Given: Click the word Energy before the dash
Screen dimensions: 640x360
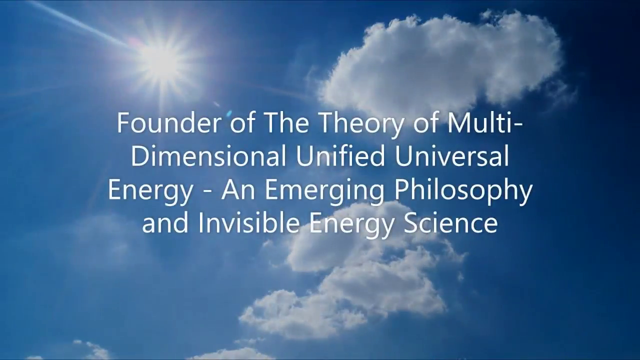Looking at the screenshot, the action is pos(150,191).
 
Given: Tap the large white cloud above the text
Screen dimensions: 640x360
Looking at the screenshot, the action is pos(440,61).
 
